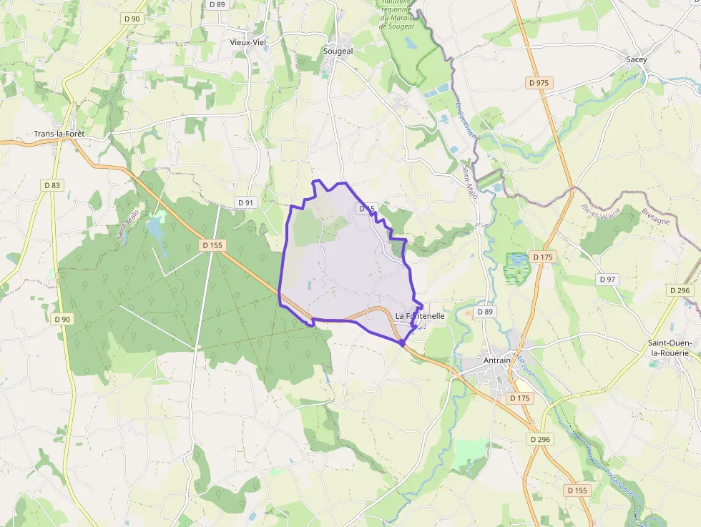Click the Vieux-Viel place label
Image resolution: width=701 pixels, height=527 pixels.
[x=247, y=42]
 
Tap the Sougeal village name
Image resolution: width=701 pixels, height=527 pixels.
[x=338, y=51]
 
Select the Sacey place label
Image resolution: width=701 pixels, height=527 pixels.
[x=636, y=59]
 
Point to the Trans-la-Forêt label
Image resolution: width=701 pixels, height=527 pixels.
[x=64, y=134]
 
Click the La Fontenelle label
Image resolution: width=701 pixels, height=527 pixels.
[x=420, y=316]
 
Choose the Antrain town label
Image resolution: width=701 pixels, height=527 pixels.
[x=496, y=360]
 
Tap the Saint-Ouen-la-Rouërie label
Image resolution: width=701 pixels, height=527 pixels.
[x=673, y=348]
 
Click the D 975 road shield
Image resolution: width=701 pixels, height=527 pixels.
[x=538, y=83]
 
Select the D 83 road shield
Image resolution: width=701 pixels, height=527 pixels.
[x=52, y=185]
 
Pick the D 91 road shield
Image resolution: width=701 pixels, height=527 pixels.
[x=245, y=202]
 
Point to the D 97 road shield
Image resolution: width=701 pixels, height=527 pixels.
[x=607, y=279]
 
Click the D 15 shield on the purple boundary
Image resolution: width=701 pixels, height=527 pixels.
[x=366, y=208]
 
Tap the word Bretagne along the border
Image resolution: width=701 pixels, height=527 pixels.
[x=655, y=216]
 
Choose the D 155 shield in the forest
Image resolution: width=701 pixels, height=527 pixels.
[x=212, y=245]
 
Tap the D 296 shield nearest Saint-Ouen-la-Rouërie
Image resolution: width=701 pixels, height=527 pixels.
[x=680, y=290]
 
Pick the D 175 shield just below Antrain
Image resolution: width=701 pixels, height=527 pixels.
[x=519, y=398]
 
